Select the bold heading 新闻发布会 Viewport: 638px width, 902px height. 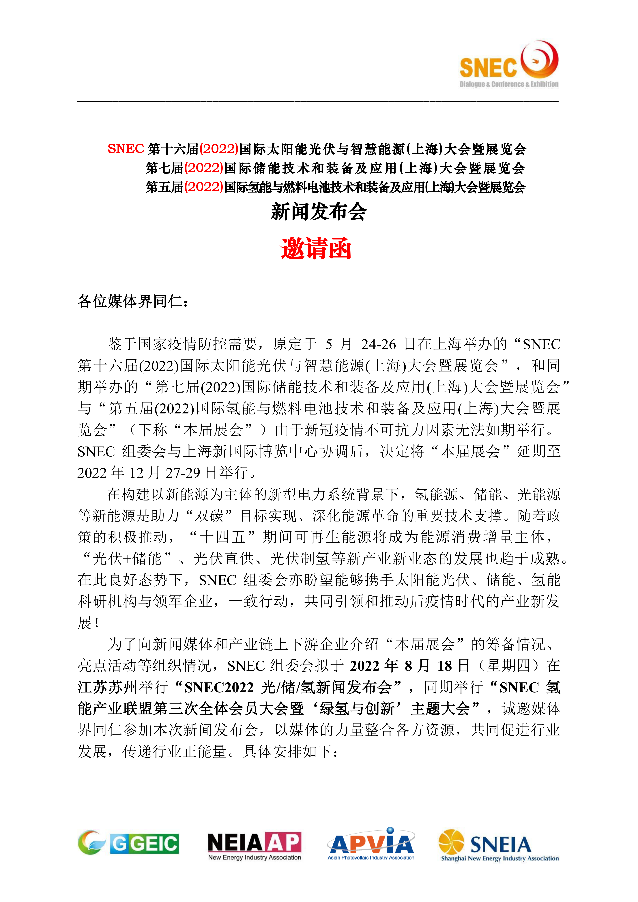[319, 212]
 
